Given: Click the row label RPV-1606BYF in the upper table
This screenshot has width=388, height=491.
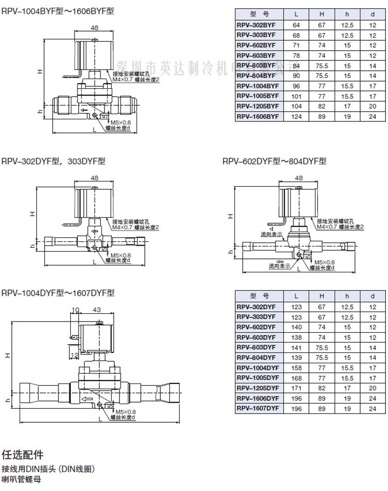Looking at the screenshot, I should pyautogui.click(x=258, y=117).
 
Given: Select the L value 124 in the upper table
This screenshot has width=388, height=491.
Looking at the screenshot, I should pyautogui.click(x=296, y=117).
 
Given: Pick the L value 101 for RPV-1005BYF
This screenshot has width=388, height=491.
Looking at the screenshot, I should pyautogui.click(x=296, y=96).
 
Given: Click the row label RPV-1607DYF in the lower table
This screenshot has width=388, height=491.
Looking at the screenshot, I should pyautogui.click(x=258, y=409).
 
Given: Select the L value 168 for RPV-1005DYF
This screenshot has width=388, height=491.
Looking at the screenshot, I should pyautogui.click(x=297, y=378).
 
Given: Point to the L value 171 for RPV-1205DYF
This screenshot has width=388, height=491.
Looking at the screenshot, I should pyautogui.click(x=297, y=389).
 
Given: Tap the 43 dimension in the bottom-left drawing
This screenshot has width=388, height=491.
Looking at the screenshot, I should pyautogui.click(x=96, y=310).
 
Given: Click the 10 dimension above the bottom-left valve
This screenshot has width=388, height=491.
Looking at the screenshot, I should pyautogui.click(x=74, y=310).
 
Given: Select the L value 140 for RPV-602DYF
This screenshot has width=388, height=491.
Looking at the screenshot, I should pyautogui.click(x=297, y=327).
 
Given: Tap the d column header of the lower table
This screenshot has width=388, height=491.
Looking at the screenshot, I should pyautogui.click(x=372, y=297).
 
